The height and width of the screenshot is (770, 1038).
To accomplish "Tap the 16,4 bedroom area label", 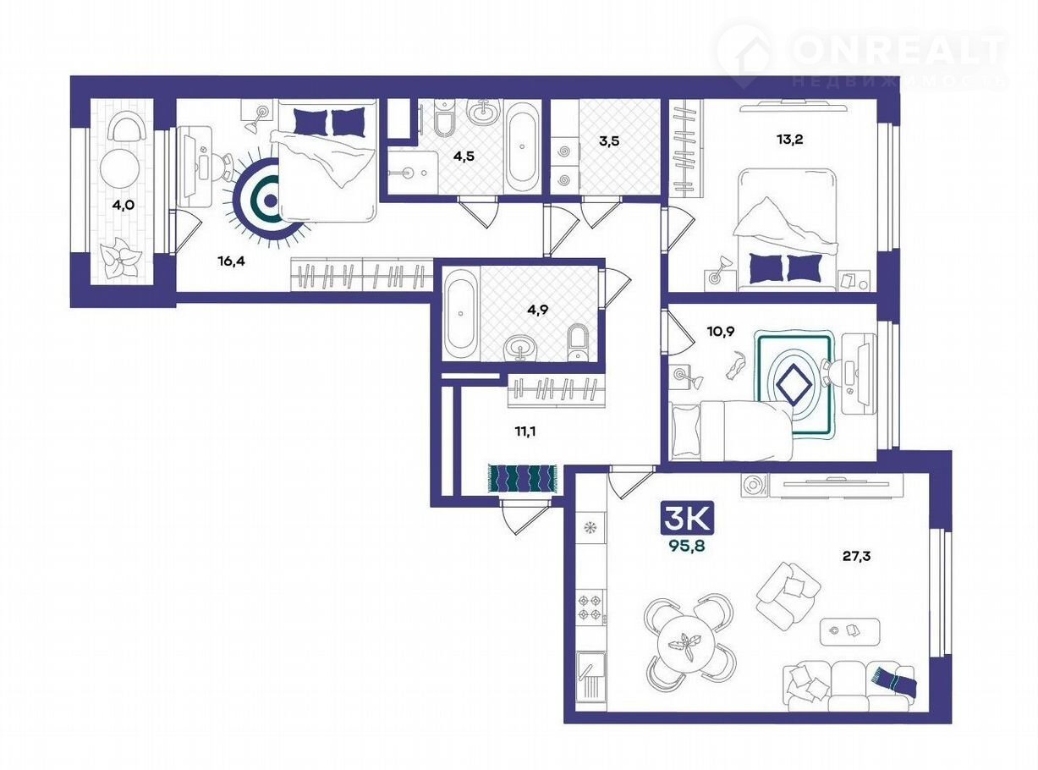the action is pos(231,261).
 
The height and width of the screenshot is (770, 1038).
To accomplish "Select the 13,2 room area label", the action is pos(789,139).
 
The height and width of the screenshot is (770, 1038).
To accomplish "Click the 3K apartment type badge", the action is pos(687,519).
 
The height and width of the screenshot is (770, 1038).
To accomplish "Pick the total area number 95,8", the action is pos(687,545).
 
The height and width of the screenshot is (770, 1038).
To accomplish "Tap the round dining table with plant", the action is pos(687,646).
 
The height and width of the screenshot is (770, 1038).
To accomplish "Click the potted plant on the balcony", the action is pos(120,258).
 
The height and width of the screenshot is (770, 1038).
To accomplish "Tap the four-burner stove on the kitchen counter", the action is pos(590,607).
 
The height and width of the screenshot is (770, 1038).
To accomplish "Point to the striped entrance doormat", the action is pos(522,478).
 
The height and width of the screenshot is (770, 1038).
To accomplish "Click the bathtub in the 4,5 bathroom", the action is pos(522,146).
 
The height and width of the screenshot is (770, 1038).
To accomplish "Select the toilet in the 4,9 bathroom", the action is pos(579,342).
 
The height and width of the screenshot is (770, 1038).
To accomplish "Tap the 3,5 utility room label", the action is pos(609,140).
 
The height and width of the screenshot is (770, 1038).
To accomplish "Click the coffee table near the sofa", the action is pos(849,631).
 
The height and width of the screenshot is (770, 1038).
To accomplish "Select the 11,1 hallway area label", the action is pos(525,431).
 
